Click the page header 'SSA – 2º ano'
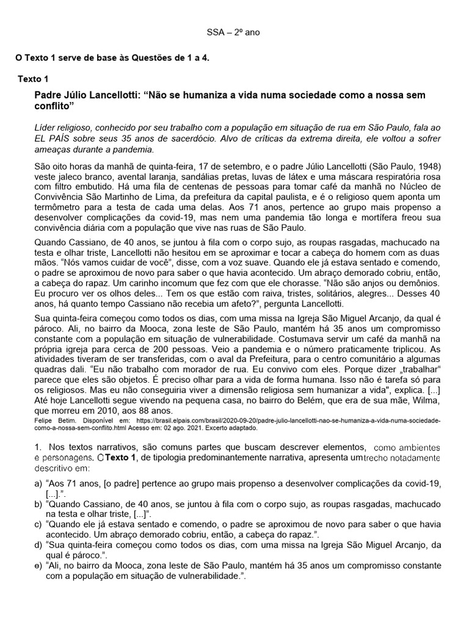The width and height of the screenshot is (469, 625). (x=234, y=32)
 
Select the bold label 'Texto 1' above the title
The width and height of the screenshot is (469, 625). (x=37, y=79)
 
